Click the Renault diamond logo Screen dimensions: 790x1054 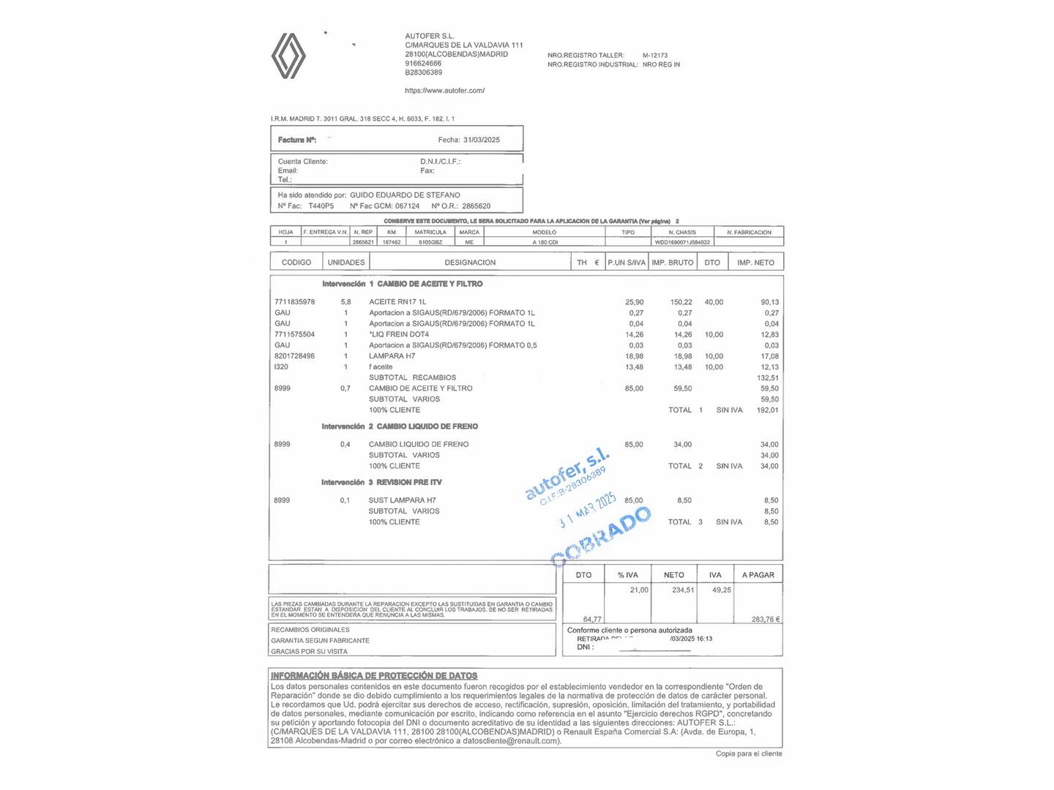[x=288, y=56]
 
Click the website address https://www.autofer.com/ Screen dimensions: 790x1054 [x=444, y=91]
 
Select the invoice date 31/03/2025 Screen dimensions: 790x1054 [x=482, y=140]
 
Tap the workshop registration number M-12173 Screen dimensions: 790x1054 [x=655, y=56]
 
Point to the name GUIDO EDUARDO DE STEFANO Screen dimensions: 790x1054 [x=405, y=195]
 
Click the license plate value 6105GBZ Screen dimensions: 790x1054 [x=430, y=242]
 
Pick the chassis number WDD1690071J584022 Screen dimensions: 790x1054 [x=682, y=242]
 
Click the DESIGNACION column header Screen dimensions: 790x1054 [x=470, y=263]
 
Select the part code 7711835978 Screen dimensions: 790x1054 [x=294, y=302]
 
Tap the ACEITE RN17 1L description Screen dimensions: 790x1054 [x=397, y=302]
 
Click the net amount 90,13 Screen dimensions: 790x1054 [x=769, y=302]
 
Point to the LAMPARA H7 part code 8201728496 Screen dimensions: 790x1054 [x=294, y=356]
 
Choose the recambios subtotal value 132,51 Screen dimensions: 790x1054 [x=768, y=378]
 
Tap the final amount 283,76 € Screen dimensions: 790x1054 [x=766, y=620]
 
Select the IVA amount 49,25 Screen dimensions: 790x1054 [x=722, y=590]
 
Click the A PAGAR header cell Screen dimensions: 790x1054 [x=758, y=575]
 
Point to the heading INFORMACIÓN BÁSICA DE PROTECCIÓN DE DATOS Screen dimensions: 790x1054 [x=374, y=676]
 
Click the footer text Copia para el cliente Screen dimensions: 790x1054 [x=749, y=753]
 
